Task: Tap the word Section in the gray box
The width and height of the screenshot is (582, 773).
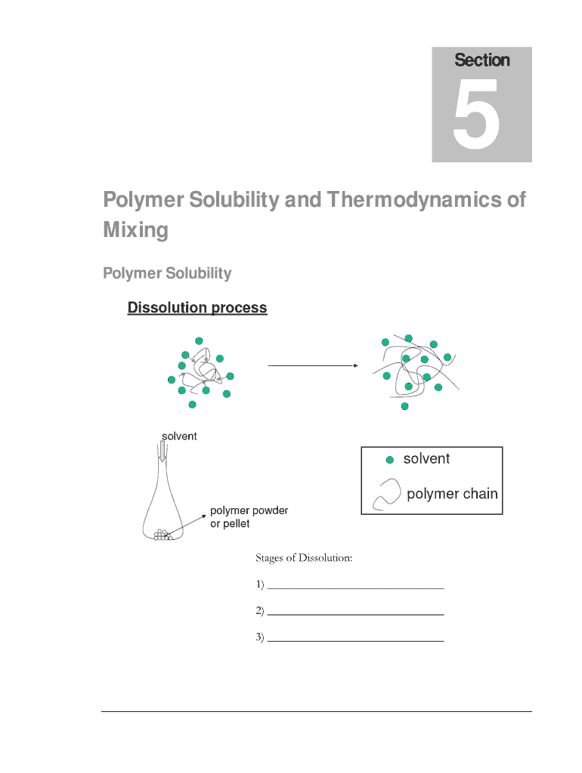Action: pos(481,60)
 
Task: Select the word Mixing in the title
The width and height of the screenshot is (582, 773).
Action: pos(135,229)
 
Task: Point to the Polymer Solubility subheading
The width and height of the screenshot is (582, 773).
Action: pos(167,273)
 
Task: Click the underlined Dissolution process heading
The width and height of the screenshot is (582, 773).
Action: pos(197,307)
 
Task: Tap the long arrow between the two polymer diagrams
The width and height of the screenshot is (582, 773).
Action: pos(313,365)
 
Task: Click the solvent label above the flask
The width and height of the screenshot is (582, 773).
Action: pos(180,436)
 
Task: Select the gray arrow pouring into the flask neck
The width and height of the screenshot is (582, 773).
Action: pos(162,451)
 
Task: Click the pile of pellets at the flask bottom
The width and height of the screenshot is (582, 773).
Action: pos(163,535)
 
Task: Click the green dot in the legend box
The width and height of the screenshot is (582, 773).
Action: pos(390,460)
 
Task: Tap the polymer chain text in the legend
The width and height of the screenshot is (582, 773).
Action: pos(452,494)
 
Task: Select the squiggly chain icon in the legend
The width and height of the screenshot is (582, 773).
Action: pos(387,495)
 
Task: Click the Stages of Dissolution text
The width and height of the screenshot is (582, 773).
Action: pos(304,559)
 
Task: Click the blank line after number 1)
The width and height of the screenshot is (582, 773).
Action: pos(355,586)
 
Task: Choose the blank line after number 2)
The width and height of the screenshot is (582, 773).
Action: pos(355,614)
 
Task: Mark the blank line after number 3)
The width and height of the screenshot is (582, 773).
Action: pos(355,640)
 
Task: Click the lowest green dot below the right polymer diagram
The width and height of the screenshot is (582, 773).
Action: pos(404,406)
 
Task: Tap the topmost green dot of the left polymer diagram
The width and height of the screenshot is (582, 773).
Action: pos(199,340)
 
